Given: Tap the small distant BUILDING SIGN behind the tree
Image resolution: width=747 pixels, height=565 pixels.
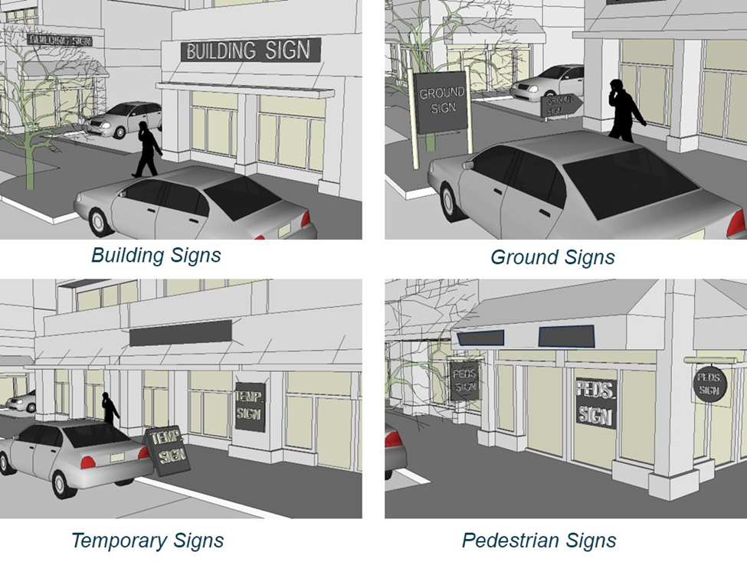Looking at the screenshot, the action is (x=59, y=39).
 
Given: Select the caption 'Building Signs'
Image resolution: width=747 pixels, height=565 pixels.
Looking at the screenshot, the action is (x=156, y=255).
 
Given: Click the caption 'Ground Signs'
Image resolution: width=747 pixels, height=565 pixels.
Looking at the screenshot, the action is (x=552, y=257).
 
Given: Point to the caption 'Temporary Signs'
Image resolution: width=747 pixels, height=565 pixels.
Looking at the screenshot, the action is (x=147, y=541).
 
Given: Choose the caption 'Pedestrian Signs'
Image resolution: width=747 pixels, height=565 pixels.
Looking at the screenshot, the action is (x=539, y=541).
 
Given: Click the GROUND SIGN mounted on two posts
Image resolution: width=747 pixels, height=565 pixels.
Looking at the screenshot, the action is (x=442, y=101).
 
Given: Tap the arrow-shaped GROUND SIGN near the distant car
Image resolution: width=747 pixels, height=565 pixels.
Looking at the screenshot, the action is (x=561, y=105).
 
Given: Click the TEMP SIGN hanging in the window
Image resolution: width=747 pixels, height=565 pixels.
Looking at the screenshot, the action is (x=250, y=406).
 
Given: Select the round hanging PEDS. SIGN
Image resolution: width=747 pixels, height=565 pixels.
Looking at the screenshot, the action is (x=709, y=384).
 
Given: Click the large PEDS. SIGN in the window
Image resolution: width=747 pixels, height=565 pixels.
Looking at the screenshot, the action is (x=595, y=402).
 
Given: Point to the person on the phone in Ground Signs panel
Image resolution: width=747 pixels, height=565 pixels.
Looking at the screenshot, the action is (x=624, y=111).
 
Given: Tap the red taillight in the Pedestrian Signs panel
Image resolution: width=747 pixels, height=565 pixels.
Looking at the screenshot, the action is (x=394, y=439).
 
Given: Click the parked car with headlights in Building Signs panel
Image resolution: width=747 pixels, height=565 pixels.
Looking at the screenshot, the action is (x=123, y=119).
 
